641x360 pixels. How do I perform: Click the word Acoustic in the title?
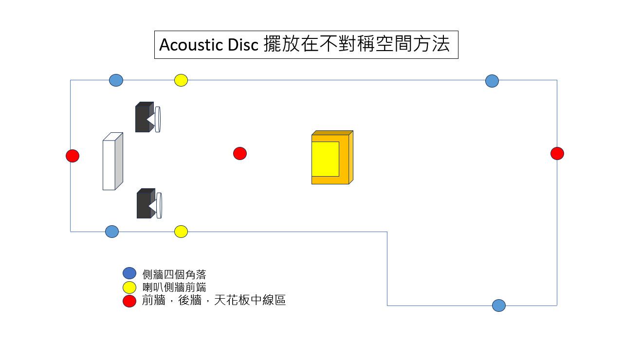click(191, 45)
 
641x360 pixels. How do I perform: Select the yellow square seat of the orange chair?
click(325, 159)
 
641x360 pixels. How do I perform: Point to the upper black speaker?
click(145, 117)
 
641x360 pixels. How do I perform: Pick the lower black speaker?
click(147, 204)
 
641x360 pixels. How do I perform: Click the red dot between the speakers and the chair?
click(240, 153)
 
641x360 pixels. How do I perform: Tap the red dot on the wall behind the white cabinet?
click(73, 156)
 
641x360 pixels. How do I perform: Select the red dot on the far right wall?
click(557, 153)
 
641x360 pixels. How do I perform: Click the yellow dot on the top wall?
click(181, 80)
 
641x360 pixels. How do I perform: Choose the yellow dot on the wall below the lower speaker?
click(181, 232)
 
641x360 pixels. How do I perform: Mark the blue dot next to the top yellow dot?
click(116, 80)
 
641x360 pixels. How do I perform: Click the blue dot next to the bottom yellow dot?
click(112, 232)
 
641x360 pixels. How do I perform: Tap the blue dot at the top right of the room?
click(492, 81)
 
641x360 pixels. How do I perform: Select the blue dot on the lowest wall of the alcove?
click(499, 306)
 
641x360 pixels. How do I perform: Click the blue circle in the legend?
click(129, 273)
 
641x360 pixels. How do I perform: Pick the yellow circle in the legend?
click(129, 288)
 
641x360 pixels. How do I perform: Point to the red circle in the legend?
click(129, 301)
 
